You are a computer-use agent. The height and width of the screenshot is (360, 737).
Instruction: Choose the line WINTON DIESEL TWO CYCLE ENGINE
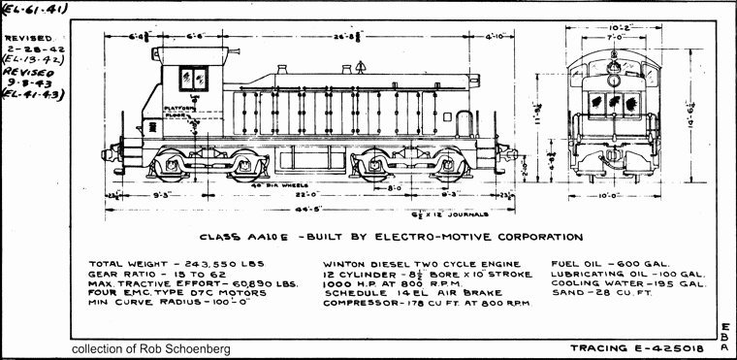(416, 264)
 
